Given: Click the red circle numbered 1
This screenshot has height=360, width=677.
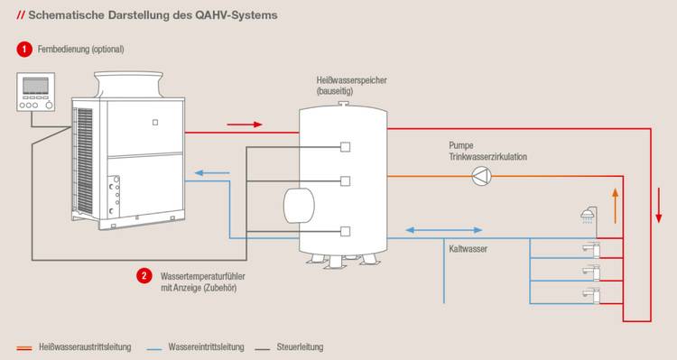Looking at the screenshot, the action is [24, 50].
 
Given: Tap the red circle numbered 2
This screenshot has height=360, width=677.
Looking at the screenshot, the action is [144, 276].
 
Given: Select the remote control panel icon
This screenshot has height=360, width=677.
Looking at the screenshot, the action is [36, 92].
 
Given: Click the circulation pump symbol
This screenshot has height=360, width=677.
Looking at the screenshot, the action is [481, 176].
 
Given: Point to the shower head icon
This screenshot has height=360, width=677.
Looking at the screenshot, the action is [587, 215].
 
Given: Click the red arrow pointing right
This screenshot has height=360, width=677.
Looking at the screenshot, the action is [245, 125].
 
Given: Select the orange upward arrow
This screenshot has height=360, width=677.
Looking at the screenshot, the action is [616, 206].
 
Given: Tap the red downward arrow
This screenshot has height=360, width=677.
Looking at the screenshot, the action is [658, 205].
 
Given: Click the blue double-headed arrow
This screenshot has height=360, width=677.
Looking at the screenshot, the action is [444, 230].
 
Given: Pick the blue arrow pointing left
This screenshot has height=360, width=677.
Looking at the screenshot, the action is [212, 173].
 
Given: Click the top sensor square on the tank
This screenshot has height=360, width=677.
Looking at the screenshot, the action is [345, 147].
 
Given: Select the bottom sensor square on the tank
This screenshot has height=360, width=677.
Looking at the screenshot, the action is [345, 231].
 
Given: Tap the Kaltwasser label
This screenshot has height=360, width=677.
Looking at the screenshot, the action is [468, 249].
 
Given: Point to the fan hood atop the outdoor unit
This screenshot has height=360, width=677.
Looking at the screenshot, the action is [129, 85].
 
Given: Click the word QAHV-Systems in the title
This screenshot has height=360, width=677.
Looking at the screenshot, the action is [236, 15].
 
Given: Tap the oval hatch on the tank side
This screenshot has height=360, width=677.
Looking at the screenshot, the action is [299, 206].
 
